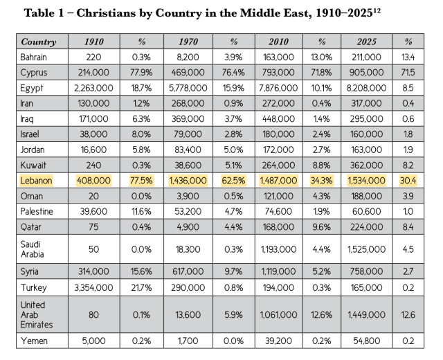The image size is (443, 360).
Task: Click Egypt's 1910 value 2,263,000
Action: pos(94,87)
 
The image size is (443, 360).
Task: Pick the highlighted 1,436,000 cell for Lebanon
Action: pos(188,179)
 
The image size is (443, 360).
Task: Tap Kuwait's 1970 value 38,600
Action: pos(188,164)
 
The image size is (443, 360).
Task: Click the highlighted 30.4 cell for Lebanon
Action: pos(409,179)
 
